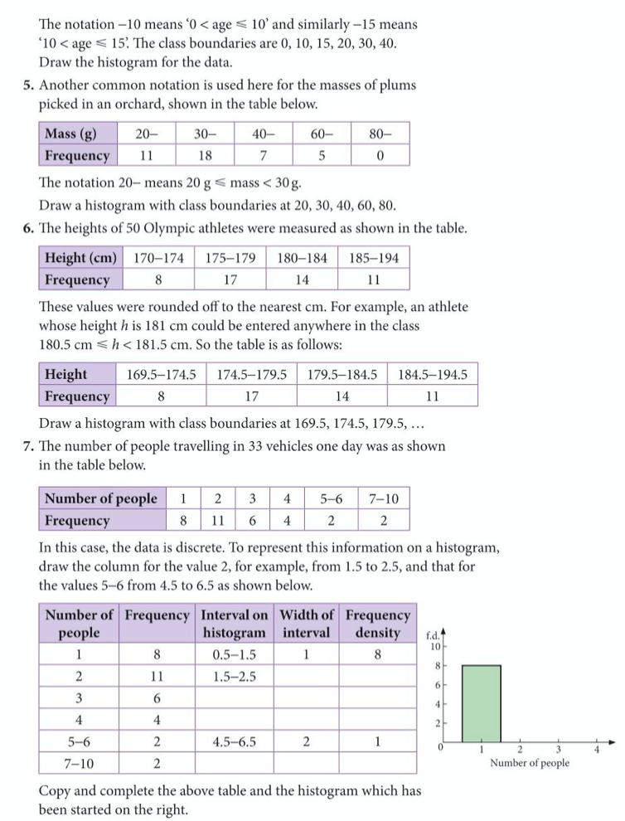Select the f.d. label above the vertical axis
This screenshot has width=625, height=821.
click(x=433, y=634)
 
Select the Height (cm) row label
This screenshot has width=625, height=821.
click(x=80, y=258)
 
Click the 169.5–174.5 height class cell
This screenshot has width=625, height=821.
click(x=161, y=374)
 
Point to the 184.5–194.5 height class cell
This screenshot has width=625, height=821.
click(x=433, y=374)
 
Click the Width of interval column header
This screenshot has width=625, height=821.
click(x=307, y=624)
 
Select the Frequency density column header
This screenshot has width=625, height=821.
click(x=377, y=624)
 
